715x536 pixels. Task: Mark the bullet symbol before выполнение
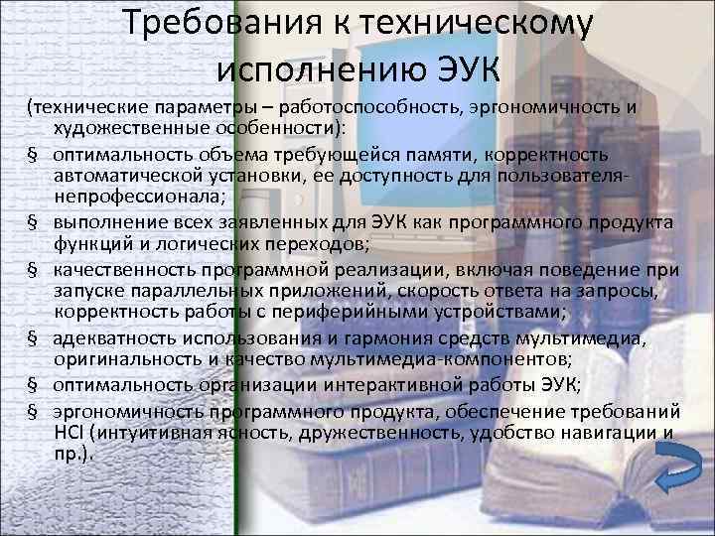point(33,223)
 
